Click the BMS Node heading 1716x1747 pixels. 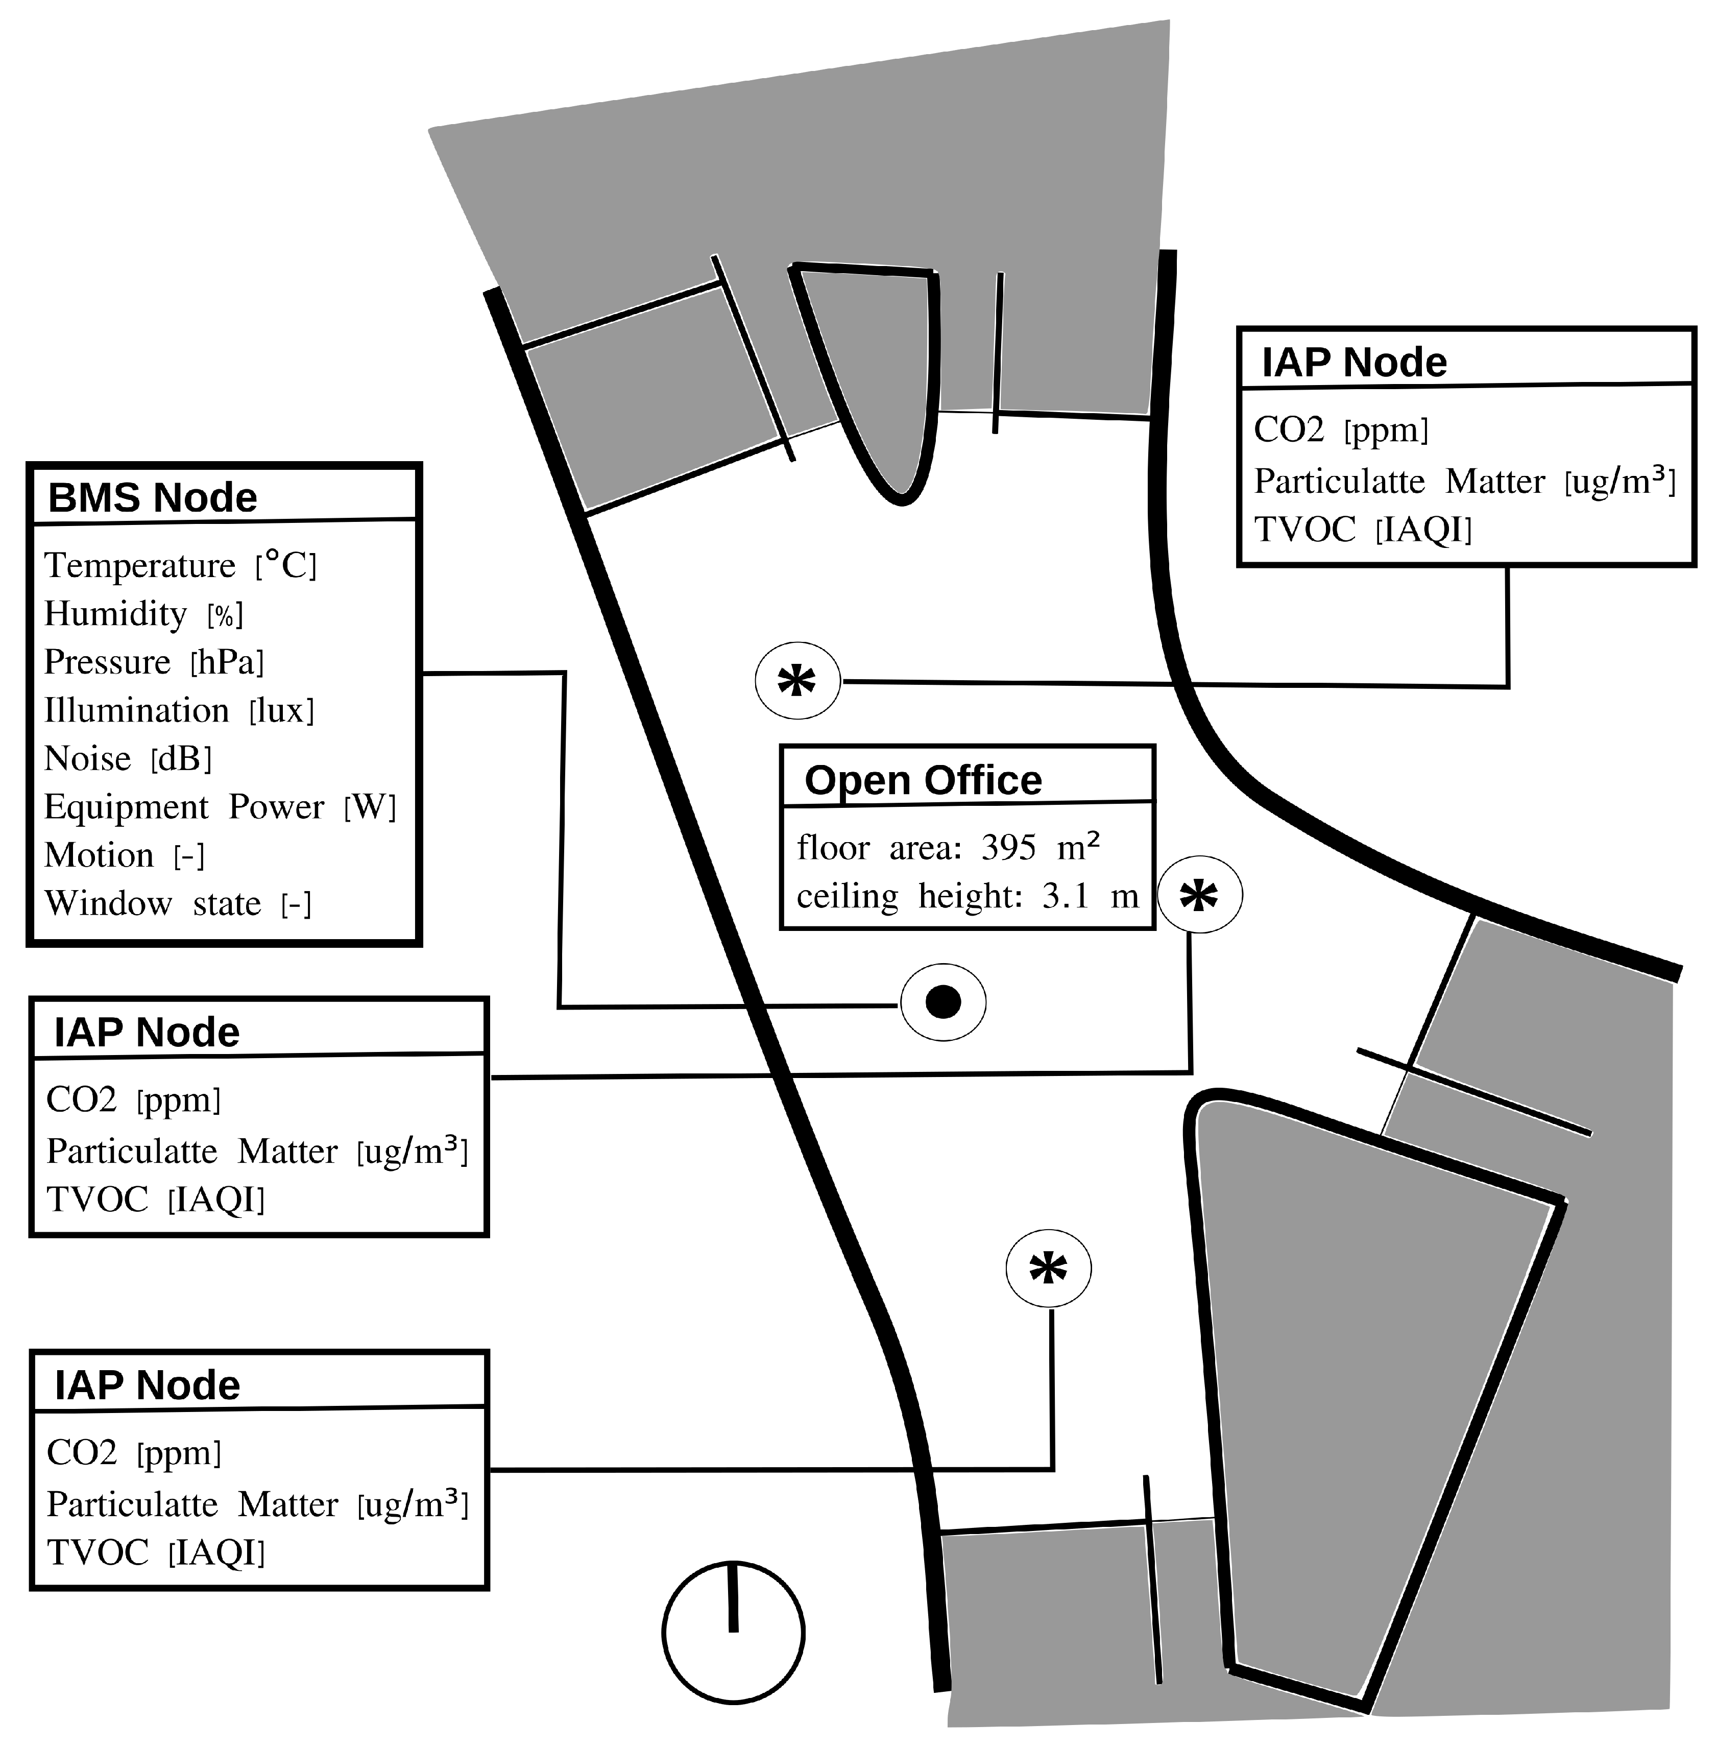[152, 497]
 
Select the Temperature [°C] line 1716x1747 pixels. [180, 565]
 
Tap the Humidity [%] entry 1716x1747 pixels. [143, 614]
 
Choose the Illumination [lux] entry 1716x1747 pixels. [179, 710]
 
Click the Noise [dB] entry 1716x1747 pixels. [128, 758]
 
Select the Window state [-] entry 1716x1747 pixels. [178, 903]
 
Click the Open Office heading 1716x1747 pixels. [923, 780]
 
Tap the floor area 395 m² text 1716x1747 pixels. [948, 847]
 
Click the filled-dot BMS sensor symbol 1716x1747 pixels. [942, 1001]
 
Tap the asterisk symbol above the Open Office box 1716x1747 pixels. [796, 682]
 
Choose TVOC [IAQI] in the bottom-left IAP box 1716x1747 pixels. [156, 1552]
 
